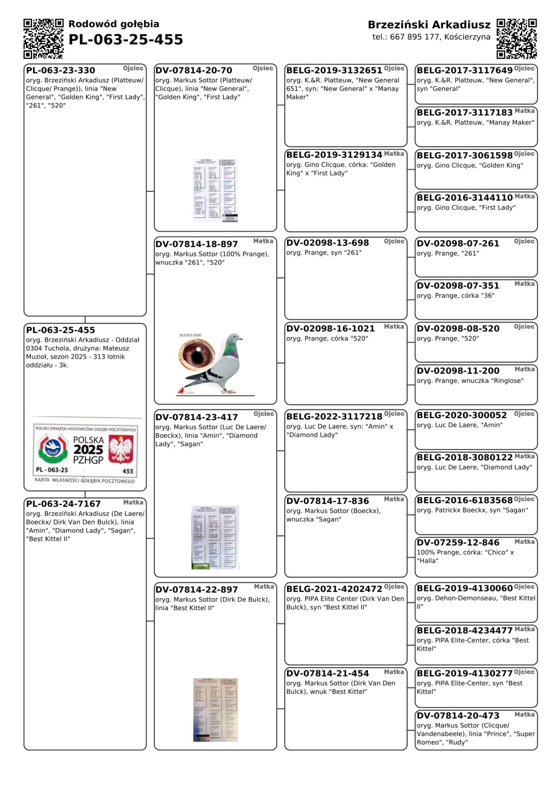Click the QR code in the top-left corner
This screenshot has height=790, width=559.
click(x=43, y=39)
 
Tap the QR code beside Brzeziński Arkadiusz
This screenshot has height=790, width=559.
click(x=517, y=39)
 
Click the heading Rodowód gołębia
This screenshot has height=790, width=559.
click(x=114, y=24)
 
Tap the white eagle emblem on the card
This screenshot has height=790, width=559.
click(x=121, y=449)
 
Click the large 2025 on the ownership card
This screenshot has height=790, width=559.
click(x=88, y=450)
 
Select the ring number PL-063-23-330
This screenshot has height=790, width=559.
click(x=61, y=71)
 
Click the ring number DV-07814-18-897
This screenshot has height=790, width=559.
click(x=197, y=244)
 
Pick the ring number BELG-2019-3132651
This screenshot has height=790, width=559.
click(x=334, y=71)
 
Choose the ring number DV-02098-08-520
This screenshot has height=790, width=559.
click(x=458, y=329)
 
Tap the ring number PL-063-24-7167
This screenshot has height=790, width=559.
click(x=63, y=504)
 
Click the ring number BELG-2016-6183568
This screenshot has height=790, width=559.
click(x=464, y=500)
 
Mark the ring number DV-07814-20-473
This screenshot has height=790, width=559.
click(x=458, y=716)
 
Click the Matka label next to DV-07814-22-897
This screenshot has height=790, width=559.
click(x=264, y=587)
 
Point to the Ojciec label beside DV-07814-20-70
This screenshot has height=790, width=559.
click(x=263, y=68)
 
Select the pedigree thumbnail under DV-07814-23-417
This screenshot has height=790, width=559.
click(x=215, y=537)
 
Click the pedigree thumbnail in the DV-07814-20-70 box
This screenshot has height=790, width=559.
click(x=215, y=190)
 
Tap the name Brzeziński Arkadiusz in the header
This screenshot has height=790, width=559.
click(x=429, y=25)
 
